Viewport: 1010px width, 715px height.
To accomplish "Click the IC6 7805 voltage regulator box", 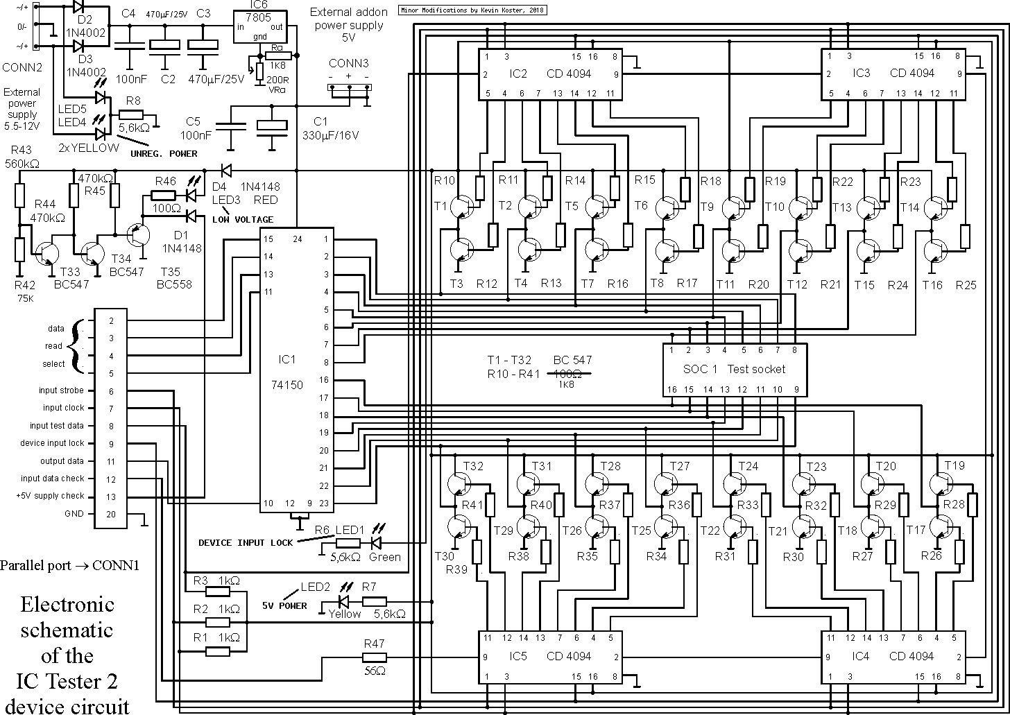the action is click(x=259, y=26).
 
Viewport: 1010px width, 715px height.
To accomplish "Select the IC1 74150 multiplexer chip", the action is click(x=297, y=370).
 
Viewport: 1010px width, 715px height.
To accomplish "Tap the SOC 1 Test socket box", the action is click(x=735, y=370).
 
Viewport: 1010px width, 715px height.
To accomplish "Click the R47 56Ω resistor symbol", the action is click(x=375, y=657).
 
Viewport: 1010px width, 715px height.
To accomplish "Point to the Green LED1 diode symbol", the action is click(x=375, y=543).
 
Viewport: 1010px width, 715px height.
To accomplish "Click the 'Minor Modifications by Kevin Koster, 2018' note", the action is click(x=472, y=10).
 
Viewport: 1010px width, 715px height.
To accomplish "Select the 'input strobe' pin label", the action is click(x=61, y=390).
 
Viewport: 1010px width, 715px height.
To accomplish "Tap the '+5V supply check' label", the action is click(x=50, y=496).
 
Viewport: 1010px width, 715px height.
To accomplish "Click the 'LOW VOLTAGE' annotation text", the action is click(x=243, y=220).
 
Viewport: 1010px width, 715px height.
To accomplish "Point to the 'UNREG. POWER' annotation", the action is click(x=164, y=154).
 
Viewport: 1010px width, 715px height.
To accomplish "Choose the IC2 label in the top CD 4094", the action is click(x=517, y=74).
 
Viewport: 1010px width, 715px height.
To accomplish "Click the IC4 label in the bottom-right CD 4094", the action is click(x=860, y=656).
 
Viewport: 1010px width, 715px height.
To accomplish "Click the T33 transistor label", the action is click(x=70, y=272).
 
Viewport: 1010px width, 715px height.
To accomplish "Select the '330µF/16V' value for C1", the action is click(x=330, y=135).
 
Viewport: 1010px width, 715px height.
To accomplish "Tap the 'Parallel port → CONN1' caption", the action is click(x=69, y=565).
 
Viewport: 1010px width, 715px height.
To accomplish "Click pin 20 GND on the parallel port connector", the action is click(x=111, y=514).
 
